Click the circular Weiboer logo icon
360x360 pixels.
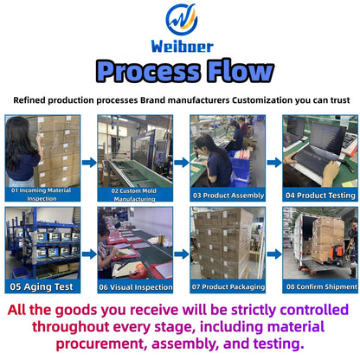tap(182, 20)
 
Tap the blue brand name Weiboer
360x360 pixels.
tap(183, 47)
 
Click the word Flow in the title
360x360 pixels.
tap(240, 70)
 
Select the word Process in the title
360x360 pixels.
tap(148, 72)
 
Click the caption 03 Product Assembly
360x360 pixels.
tap(228, 196)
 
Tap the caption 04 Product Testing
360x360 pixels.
tap(320, 196)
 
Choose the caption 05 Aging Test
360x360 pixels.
tap(42, 286)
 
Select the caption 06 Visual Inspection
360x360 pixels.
tap(136, 287)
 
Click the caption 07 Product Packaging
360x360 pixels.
tap(228, 286)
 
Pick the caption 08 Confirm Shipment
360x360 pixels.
tap(321, 286)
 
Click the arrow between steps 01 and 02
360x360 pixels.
tap(89, 163)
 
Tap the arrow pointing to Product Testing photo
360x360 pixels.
tap(274, 163)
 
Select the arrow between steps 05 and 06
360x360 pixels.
tap(89, 254)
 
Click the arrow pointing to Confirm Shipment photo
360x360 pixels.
tap(274, 254)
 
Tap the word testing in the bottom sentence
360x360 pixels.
tap(279, 344)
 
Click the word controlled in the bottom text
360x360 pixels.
tap(314, 310)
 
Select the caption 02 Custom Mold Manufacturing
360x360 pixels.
tap(134, 195)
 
